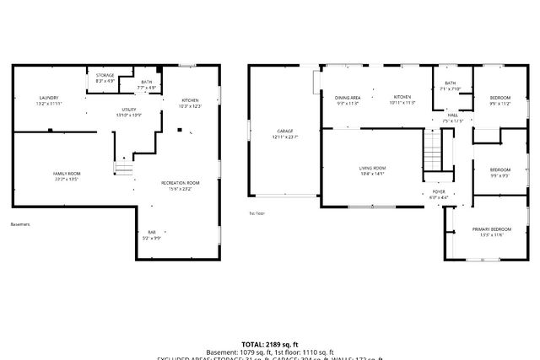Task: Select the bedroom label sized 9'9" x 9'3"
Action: pos(501,172)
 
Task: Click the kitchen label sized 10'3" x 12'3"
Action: pos(189,103)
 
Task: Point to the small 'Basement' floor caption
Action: pos(20,225)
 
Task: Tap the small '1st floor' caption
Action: pos(256,213)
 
